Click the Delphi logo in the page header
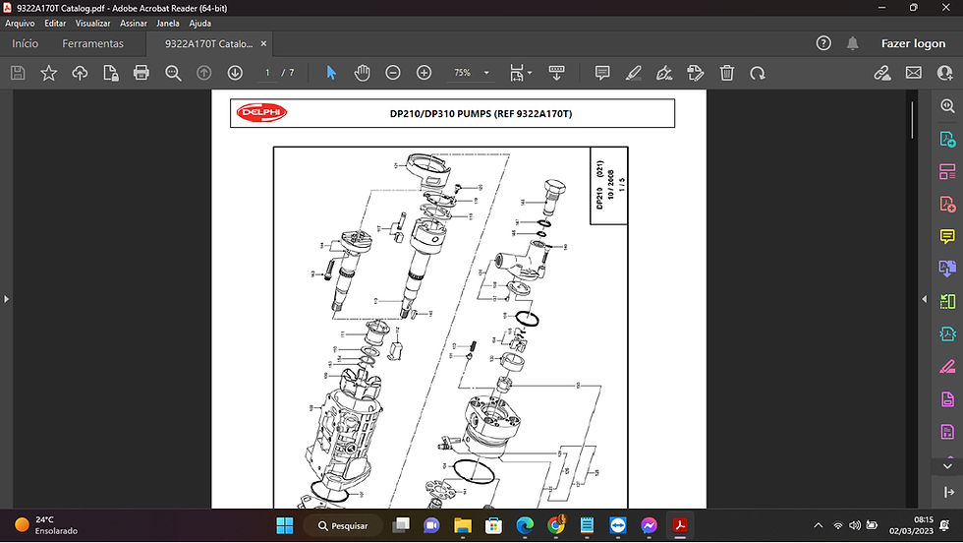259,113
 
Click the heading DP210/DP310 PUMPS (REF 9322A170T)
481,114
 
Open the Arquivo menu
21,23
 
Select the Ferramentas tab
93,43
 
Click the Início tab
26,43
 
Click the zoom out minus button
393,73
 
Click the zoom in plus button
424,73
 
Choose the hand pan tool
362,73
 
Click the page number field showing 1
266,73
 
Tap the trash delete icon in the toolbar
726,73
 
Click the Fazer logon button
913,43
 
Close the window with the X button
943,8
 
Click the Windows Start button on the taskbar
284,525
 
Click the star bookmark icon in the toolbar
48,73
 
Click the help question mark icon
824,43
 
